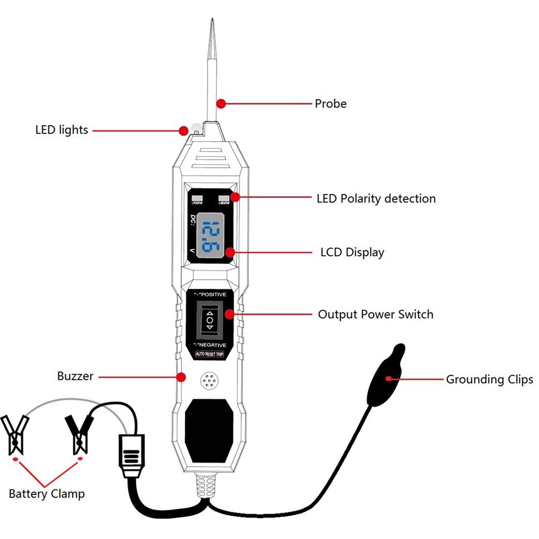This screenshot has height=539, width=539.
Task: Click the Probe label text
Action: pos(331,103)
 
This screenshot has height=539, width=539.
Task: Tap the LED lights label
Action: pos(61,130)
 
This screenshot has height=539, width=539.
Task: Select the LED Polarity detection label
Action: pos(376,199)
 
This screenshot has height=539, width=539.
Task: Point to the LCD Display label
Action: pos(352,252)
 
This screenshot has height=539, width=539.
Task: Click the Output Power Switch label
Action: pos(375,314)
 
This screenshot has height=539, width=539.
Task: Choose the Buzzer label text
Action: pos(75,376)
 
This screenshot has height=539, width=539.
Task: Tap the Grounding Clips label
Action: pos(489,379)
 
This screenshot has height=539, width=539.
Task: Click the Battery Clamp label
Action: pos(47,493)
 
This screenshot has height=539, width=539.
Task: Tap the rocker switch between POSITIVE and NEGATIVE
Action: pos(209,319)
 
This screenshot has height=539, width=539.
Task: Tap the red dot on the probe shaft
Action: pos(220,103)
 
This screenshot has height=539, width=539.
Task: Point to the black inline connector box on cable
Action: pos(131,454)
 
